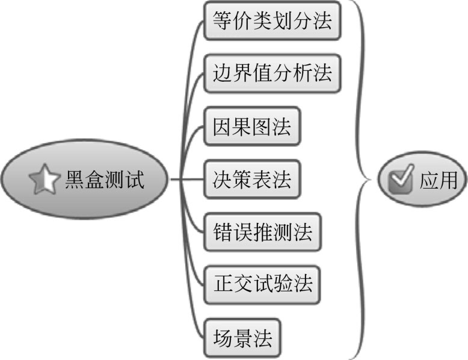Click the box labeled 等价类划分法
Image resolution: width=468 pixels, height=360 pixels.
(x=272, y=20)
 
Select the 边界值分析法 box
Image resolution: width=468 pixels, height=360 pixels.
(x=272, y=73)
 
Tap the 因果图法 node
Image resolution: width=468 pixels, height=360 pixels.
(x=252, y=126)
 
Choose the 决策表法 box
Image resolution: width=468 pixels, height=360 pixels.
(x=252, y=179)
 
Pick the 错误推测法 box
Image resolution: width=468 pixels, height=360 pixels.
(x=262, y=232)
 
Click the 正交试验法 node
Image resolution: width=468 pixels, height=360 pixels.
(x=262, y=285)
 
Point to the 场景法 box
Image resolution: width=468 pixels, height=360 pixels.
(x=242, y=338)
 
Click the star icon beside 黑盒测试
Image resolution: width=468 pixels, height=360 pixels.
(x=44, y=179)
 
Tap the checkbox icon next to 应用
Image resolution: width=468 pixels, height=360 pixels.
(x=401, y=179)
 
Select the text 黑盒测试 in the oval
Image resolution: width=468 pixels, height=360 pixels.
(x=105, y=180)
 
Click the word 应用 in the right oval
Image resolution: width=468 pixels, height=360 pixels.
(x=439, y=180)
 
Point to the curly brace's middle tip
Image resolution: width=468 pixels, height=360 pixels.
(x=371, y=180)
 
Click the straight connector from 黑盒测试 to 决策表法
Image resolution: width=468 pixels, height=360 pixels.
(x=187, y=179)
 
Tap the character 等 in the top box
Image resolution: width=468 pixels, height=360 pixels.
(x=223, y=20)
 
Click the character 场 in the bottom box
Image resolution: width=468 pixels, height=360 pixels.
(x=223, y=338)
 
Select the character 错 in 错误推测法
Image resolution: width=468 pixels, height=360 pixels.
(x=223, y=232)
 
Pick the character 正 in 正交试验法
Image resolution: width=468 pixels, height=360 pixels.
(x=224, y=284)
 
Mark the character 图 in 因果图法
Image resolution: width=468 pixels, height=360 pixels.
(x=262, y=126)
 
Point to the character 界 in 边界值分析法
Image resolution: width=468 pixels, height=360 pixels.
(x=242, y=73)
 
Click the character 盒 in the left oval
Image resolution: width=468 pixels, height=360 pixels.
(x=94, y=180)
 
